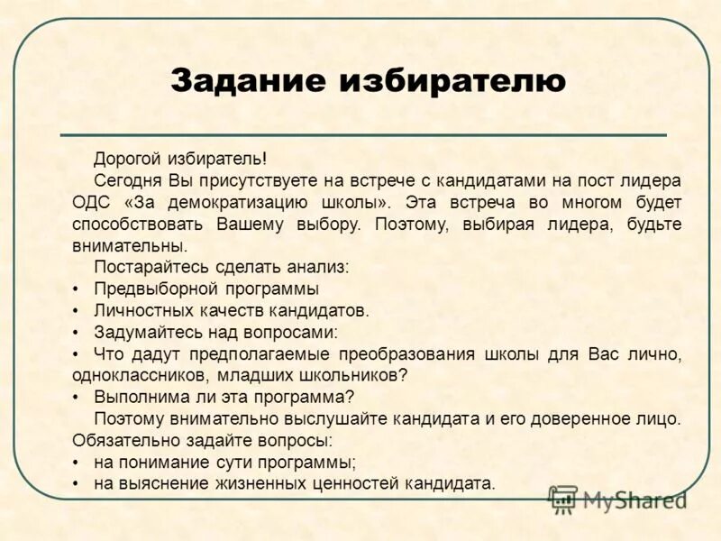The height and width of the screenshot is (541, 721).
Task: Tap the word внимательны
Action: pos(129,245)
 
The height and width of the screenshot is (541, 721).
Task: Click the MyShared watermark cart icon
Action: pos(564,500)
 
